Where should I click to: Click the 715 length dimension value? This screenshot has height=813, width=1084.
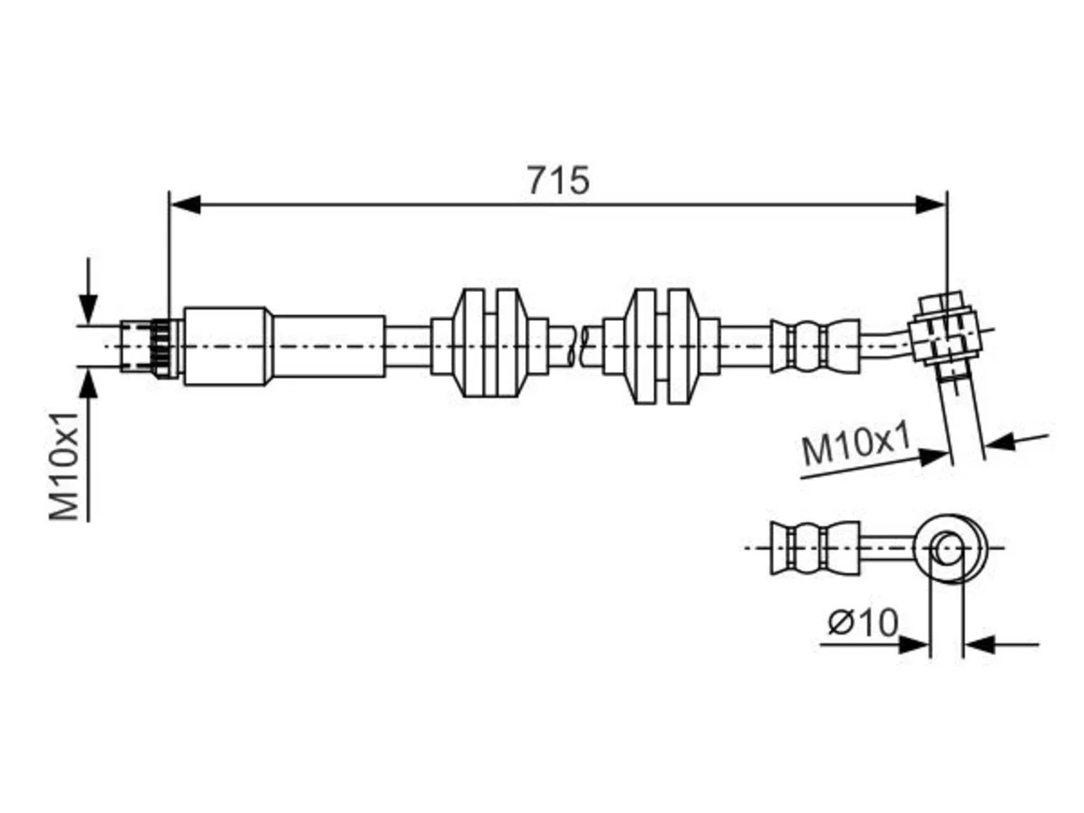(x=557, y=180)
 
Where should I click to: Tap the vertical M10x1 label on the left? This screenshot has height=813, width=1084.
(x=64, y=468)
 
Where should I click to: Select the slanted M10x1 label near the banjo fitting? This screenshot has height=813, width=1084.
(x=855, y=445)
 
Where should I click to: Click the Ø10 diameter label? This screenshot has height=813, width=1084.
(x=863, y=622)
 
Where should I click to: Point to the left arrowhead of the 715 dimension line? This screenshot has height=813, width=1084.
(x=185, y=204)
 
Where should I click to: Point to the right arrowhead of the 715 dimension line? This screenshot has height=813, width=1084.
(x=931, y=204)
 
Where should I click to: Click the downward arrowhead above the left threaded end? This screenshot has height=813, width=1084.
(x=88, y=308)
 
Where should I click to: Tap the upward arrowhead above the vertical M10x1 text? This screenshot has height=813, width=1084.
(x=88, y=384)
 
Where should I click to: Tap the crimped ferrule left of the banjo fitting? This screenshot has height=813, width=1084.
(x=815, y=346)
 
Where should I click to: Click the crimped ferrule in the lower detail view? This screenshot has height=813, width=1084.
(x=815, y=547)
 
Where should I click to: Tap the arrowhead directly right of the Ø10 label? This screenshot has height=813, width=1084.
(x=914, y=644)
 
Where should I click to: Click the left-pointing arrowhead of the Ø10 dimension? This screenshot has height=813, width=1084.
(x=979, y=644)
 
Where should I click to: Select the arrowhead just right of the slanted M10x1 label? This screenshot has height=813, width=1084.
(x=932, y=456)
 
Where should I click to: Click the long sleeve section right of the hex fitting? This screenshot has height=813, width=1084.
(x=329, y=346)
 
